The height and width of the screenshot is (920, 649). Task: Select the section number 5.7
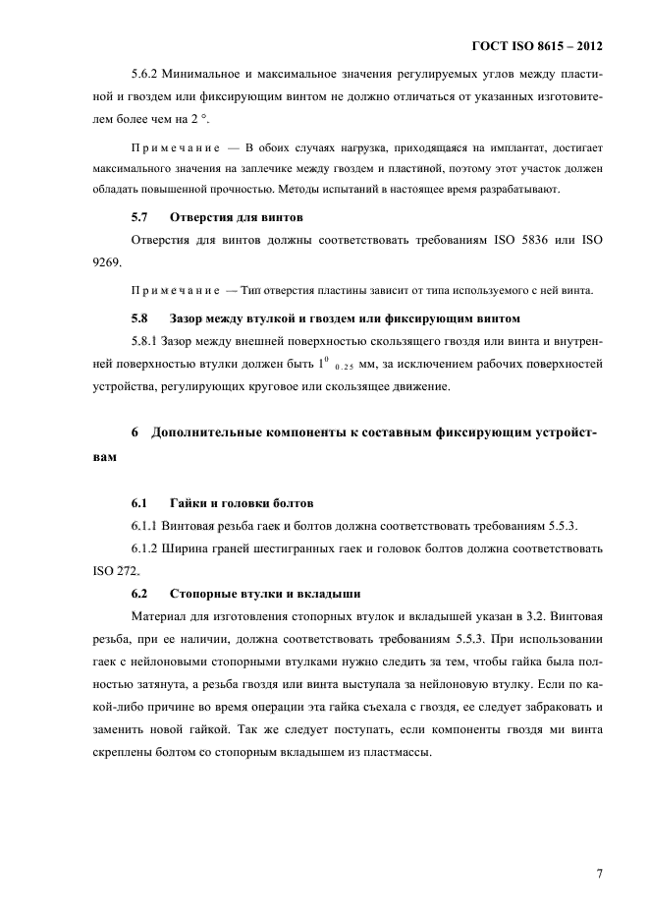pyautogui.click(x=139, y=216)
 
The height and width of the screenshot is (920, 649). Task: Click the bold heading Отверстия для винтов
pyautogui.click(x=236, y=216)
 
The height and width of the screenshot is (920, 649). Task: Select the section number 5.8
pyautogui.click(x=139, y=318)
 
